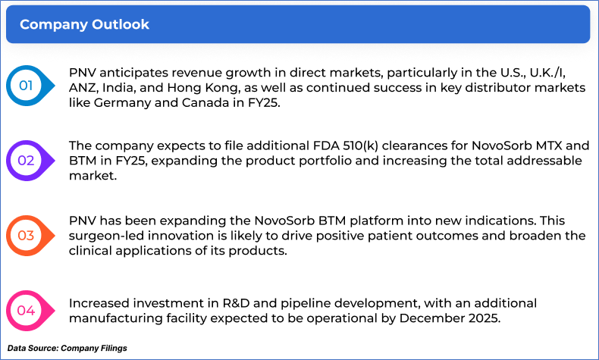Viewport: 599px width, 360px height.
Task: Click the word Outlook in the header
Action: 121,24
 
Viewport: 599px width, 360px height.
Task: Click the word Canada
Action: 205,102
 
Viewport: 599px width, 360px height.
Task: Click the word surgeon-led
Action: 107,236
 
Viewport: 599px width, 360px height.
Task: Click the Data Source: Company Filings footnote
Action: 67,348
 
